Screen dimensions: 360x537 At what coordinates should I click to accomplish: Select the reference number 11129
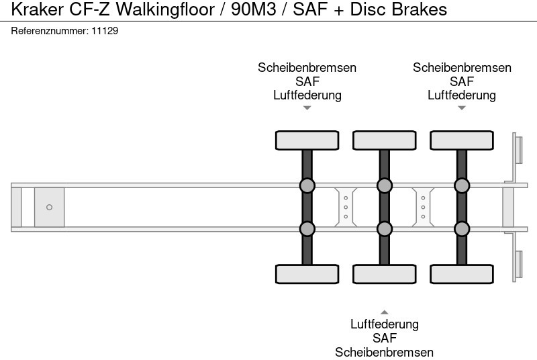(x=105, y=31)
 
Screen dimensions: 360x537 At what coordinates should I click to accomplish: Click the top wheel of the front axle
(x=307, y=140)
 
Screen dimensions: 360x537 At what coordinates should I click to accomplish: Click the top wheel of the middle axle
(x=384, y=140)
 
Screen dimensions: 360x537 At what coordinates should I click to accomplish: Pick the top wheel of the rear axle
(x=462, y=140)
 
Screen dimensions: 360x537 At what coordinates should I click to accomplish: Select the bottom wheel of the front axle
(x=307, y=274)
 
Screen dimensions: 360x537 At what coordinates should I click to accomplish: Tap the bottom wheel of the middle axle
(x=384, y=274)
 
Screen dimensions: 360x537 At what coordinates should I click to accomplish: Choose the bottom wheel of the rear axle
(x=462, y=274)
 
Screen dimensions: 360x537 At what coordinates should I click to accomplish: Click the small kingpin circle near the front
(x=49, y=208)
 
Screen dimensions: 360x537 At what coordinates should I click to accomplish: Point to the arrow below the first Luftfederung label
(x=307, y=108)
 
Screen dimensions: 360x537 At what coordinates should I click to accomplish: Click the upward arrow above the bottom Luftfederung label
(x=384, y=312)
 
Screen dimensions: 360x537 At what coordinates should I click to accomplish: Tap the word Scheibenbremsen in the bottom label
(x=384, y=352)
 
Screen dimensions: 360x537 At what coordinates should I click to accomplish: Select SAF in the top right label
(x=462, y=81)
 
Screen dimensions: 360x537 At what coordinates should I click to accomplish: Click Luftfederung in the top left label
(x=307, y=95)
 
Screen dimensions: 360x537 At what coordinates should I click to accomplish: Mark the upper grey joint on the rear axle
(x=462, y=185)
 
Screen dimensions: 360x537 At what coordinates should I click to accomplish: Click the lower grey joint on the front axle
(x=307, y=229)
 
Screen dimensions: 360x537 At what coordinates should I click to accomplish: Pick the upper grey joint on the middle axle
(x=384, y=185)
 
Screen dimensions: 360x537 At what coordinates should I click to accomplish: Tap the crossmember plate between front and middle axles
(x=345, y=207)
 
